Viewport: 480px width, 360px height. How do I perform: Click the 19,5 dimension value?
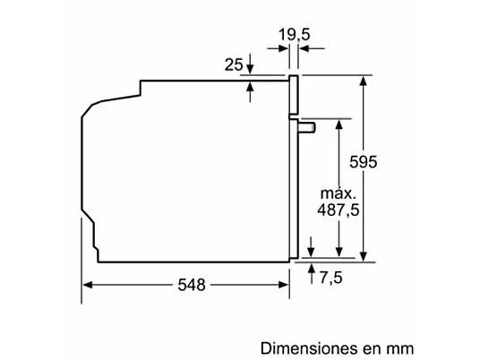[293, 34]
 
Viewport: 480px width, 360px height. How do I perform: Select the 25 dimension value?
[231, 64]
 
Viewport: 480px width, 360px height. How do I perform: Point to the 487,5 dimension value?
[339, 210]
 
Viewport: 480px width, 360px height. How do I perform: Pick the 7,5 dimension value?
[330, 277]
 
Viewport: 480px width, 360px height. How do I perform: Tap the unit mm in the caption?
[400, 346]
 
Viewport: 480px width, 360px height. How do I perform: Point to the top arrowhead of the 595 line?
[365, 81]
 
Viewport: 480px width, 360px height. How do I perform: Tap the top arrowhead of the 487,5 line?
[339, 124]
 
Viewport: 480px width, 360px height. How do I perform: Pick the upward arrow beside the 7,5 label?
[310, 269]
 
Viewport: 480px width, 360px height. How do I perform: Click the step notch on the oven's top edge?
[143, 87]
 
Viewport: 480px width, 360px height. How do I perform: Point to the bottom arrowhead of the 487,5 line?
[339, 253]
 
